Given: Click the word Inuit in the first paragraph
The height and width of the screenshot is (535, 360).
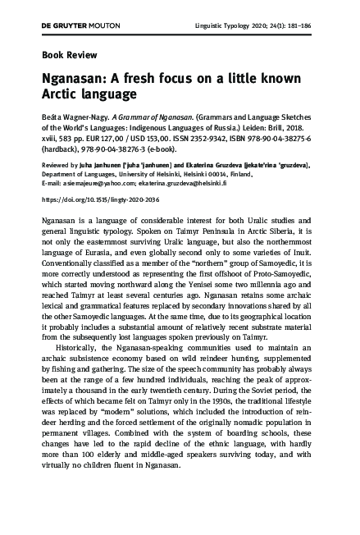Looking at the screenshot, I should (x=305, y=257).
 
